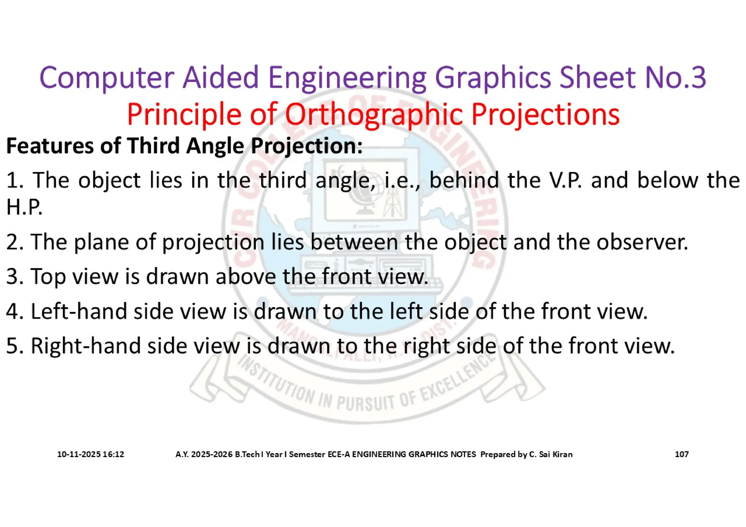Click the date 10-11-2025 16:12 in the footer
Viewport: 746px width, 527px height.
coord(90,454)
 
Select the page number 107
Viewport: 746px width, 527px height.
coord(682,454)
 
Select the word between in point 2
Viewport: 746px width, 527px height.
coord(354,242)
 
